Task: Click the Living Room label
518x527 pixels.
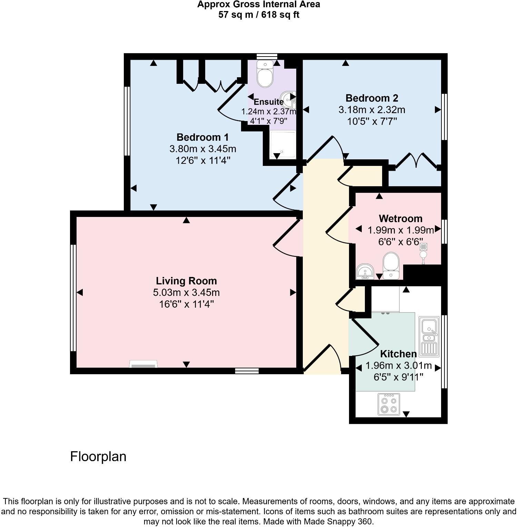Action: [186, 281]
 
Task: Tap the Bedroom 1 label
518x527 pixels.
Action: [202, 137]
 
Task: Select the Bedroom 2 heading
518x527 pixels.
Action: [372, 98]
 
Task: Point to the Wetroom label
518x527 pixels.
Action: [400, 219]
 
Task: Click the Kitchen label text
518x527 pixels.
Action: [398, 354]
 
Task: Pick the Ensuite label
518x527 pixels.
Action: [269, 102]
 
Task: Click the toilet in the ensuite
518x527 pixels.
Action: [265, 74]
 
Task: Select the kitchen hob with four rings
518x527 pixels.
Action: [389, 404]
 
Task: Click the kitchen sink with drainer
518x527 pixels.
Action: [429, 336]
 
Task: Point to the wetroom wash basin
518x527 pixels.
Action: [364, 271]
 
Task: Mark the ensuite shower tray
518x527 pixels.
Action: [283, 145]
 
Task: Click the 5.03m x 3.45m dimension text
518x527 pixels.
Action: [186, 293]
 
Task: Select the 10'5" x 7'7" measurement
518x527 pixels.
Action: [372, 121]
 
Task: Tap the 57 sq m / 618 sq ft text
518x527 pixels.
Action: [259, 15]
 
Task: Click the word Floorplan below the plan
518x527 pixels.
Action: [98, 457]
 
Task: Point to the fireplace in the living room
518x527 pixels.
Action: [143, 365]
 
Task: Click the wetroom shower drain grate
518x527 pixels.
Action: [424, 247]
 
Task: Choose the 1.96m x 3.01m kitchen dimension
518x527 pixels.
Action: [398, 366]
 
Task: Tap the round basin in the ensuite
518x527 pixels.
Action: [288, 98]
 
